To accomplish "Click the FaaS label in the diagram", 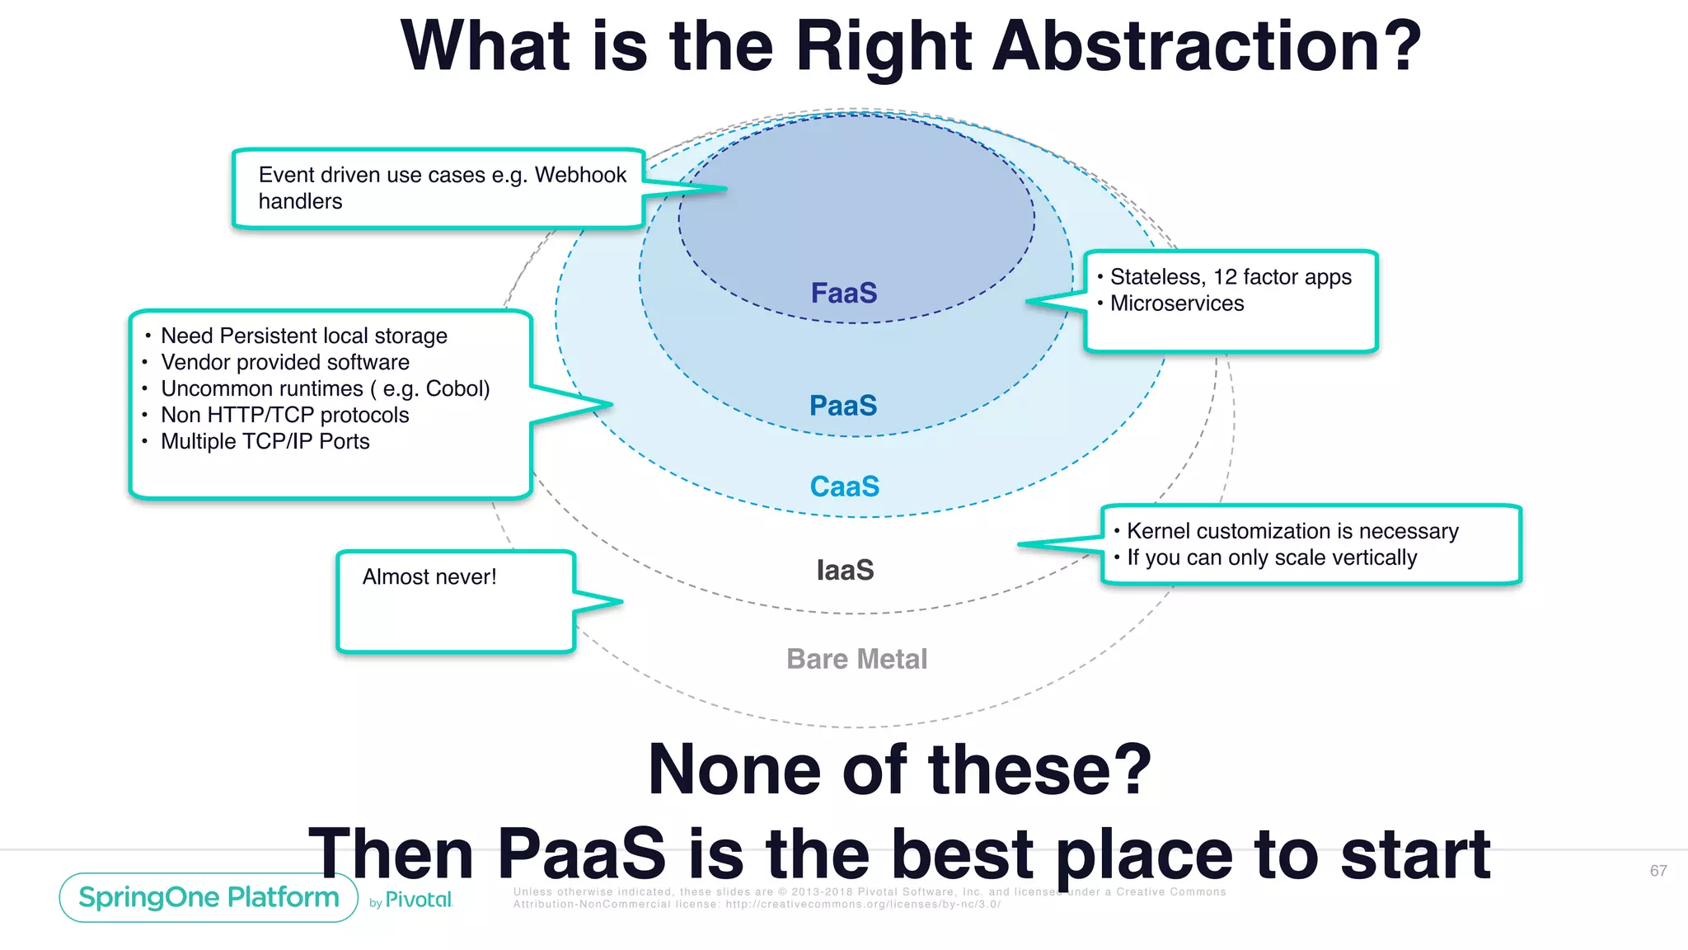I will coord(843,293).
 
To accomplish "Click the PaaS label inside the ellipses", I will coord(842,406).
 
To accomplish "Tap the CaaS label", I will coord(844,487).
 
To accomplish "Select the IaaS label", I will coord(845,570).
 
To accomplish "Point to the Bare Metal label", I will coord(856,659).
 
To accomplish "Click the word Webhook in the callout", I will coord(580,175).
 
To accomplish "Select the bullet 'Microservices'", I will coord(1176,303).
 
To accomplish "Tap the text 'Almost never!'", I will coord(429,576).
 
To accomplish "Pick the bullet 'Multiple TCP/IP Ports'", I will coord(265,441).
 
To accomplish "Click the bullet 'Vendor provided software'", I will coord(284,362).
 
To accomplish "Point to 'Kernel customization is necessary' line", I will coord(1292,531).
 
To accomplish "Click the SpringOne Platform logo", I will coord(209,897).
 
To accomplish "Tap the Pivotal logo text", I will coord(418,900).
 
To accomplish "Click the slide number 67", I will coord(1658,871).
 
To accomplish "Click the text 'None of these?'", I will coord(899,769).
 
